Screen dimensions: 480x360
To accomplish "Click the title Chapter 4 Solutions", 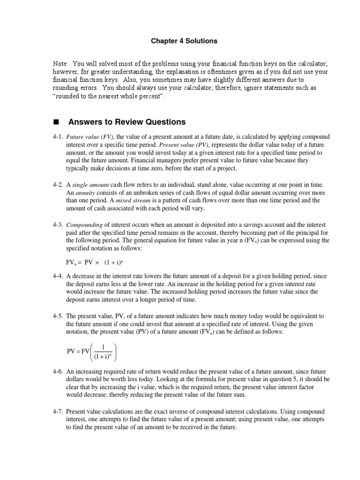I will tap(184, 41).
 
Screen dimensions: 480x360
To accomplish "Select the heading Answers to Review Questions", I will tap(127, 122).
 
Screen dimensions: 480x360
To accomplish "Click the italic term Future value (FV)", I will tap(90, 137).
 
